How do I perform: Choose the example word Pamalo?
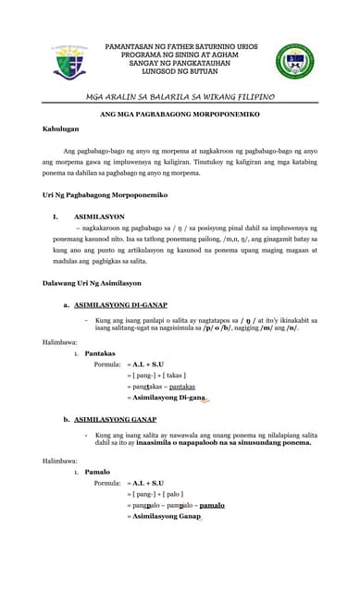pyautogui.click(x=97, y=472)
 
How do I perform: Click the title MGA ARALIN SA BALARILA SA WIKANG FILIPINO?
pyautogui.click(x=180, y=96)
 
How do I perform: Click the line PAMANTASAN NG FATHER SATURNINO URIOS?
pyautogui.click(x=179, y=43)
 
